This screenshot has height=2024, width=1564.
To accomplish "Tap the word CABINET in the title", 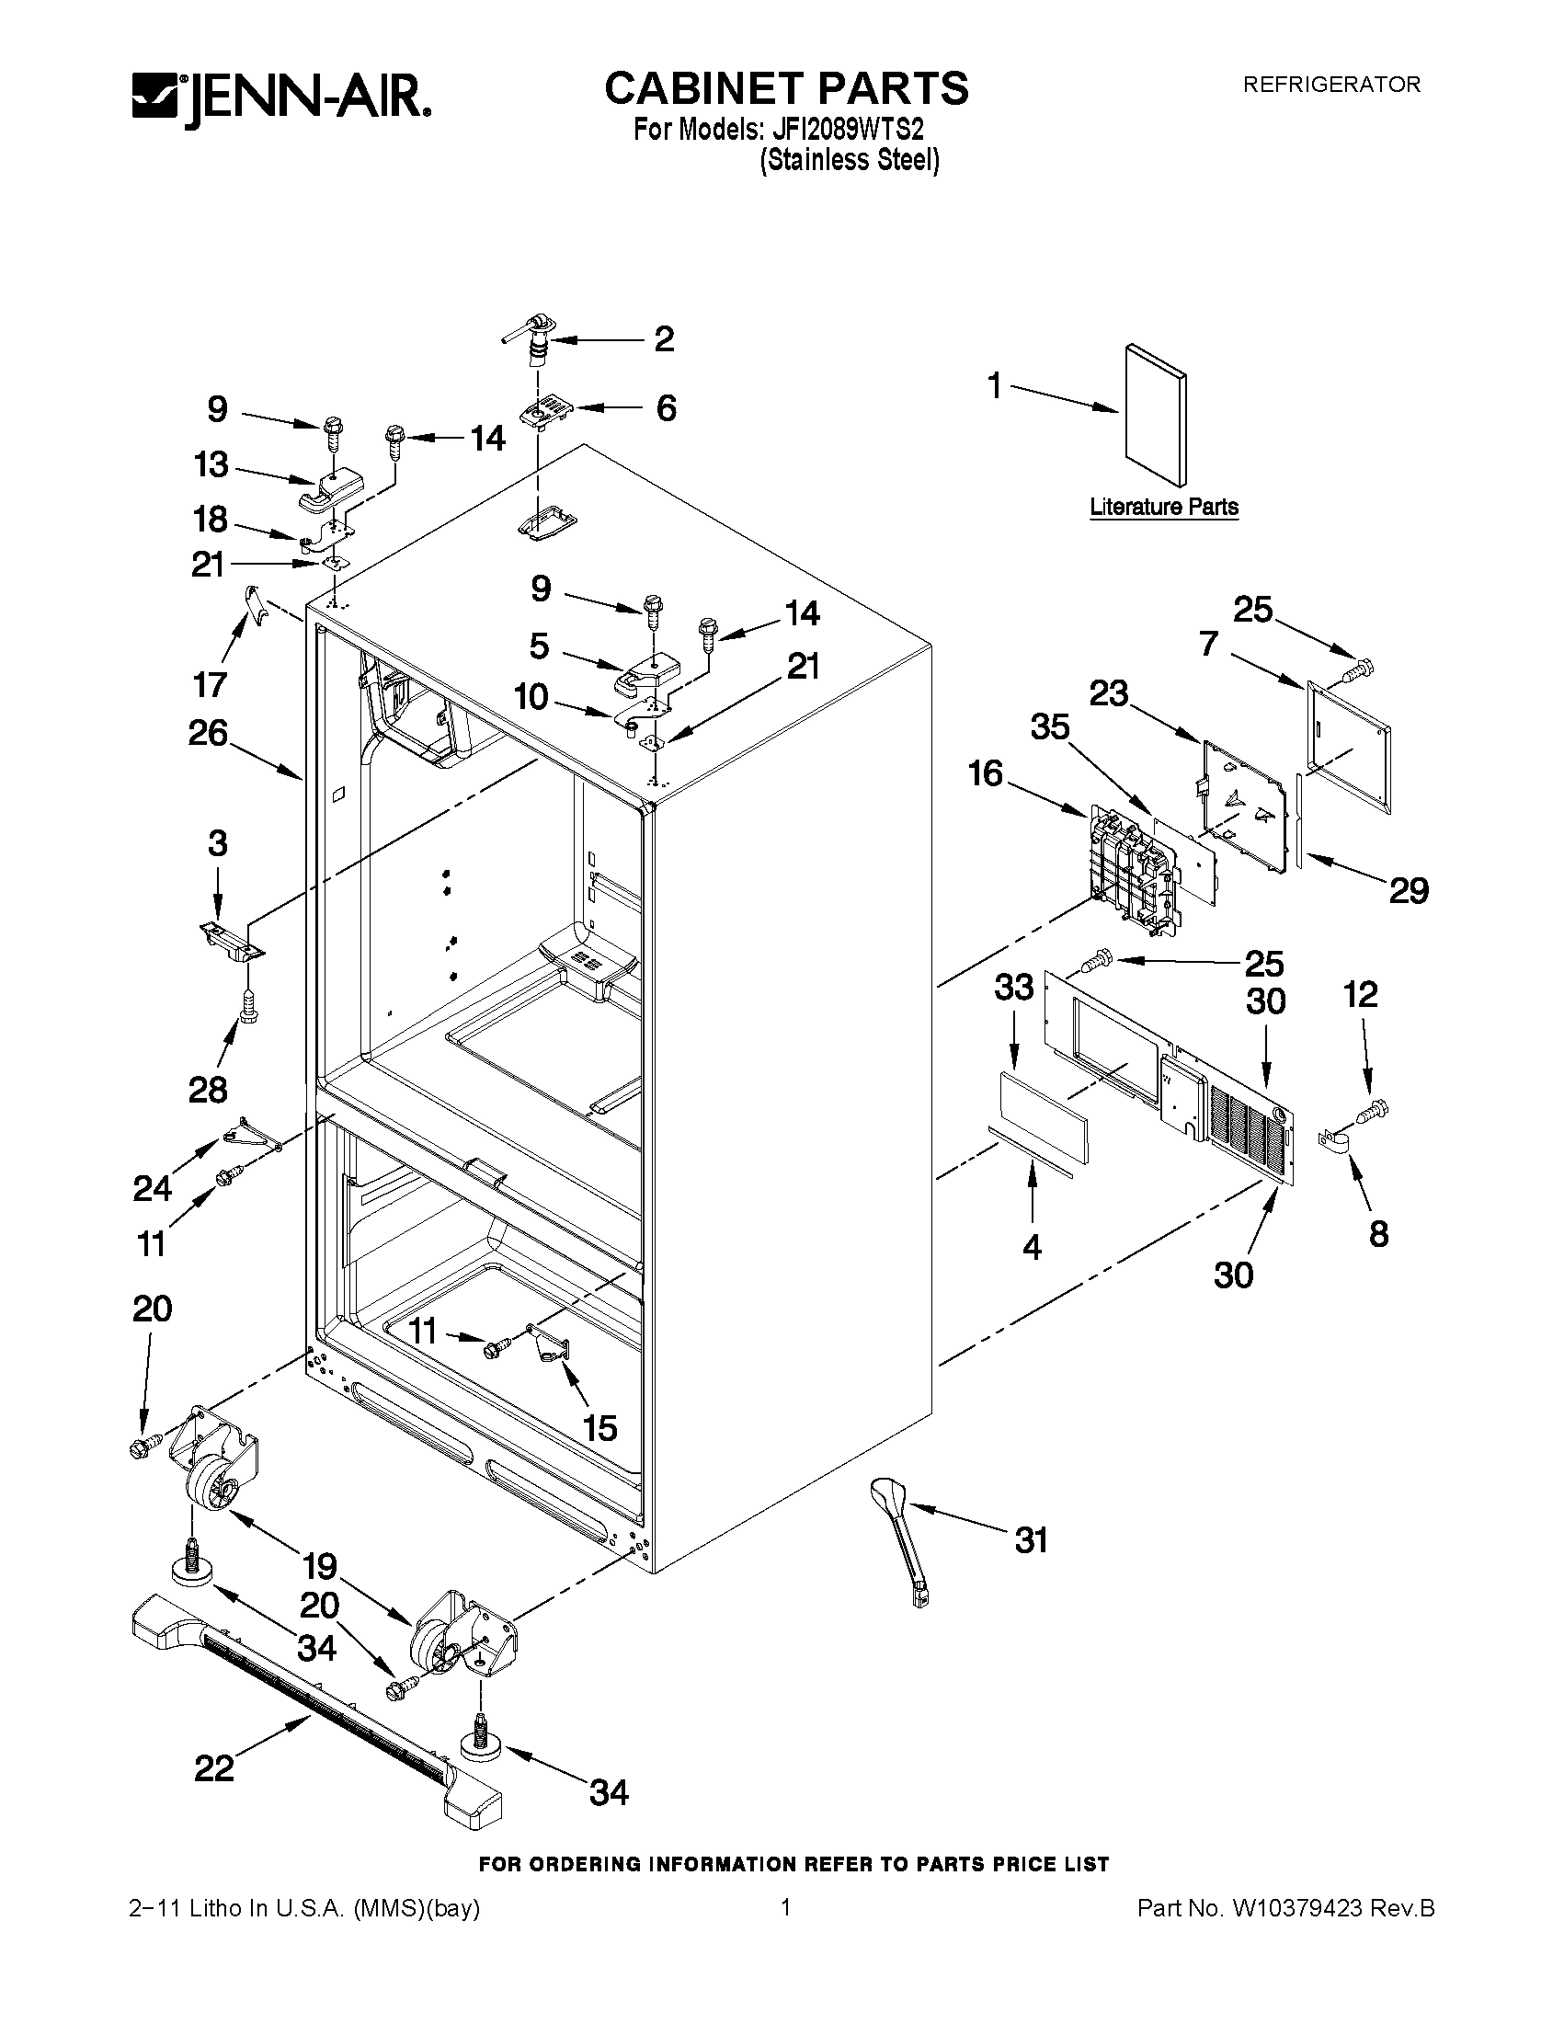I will (x=702, y=89).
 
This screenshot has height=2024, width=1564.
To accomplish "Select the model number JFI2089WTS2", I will (x=844, y=127).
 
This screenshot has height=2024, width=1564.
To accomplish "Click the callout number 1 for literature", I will (x=995, y=385).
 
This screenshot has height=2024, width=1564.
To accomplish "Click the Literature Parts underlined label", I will (x=1164, y=507).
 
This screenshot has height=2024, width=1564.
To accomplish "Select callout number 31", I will (x=1031, y=1540).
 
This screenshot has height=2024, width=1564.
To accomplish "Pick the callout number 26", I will (x=209, y=733).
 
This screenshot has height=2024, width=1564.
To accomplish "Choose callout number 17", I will (x=211, y=684).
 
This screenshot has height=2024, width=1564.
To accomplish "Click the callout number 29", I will (x=1408, y=890).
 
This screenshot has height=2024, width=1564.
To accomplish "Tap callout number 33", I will (x=1014, y=987).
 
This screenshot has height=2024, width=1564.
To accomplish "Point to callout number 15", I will (x=600, y=1427).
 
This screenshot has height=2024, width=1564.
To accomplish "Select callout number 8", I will (x=1378, y=1233).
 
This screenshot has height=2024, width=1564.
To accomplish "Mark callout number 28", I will (x=208, y=1090).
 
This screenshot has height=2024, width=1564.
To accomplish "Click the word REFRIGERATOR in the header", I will (x=1330, y=85).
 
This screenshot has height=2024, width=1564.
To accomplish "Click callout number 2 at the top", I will (x=664, y=339).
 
